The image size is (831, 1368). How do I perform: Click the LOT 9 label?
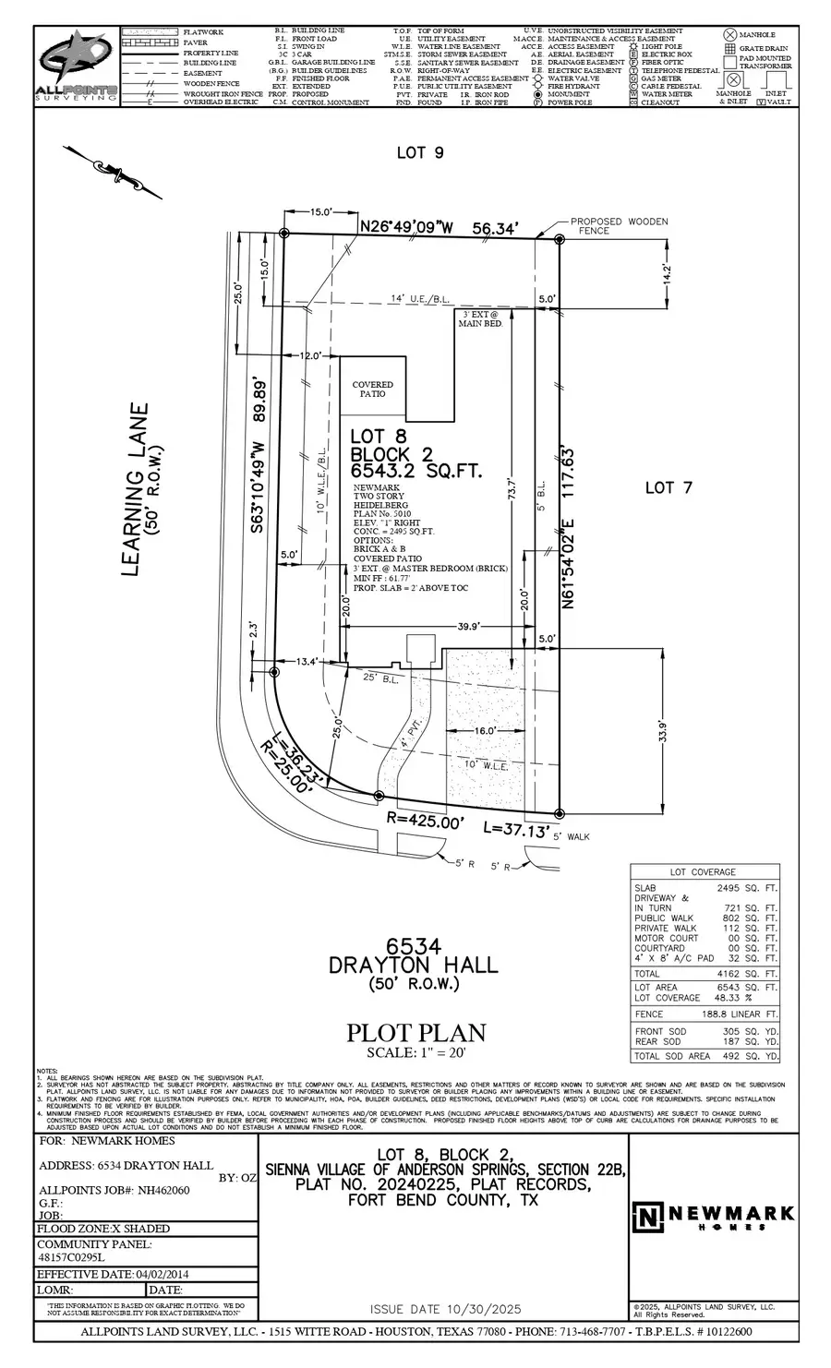coord(420,152)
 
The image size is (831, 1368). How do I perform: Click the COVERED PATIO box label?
coord(372,389)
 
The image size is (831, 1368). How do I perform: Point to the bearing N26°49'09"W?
coord(407,226)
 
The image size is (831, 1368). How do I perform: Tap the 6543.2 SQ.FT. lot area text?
coord(415,471)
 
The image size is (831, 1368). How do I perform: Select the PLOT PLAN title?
coord(415,1033)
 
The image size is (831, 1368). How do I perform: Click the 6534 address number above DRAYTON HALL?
coord(413,946)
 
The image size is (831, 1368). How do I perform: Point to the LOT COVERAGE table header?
coord(704,871)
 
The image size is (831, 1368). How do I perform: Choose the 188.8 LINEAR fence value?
coord(727,1014)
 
